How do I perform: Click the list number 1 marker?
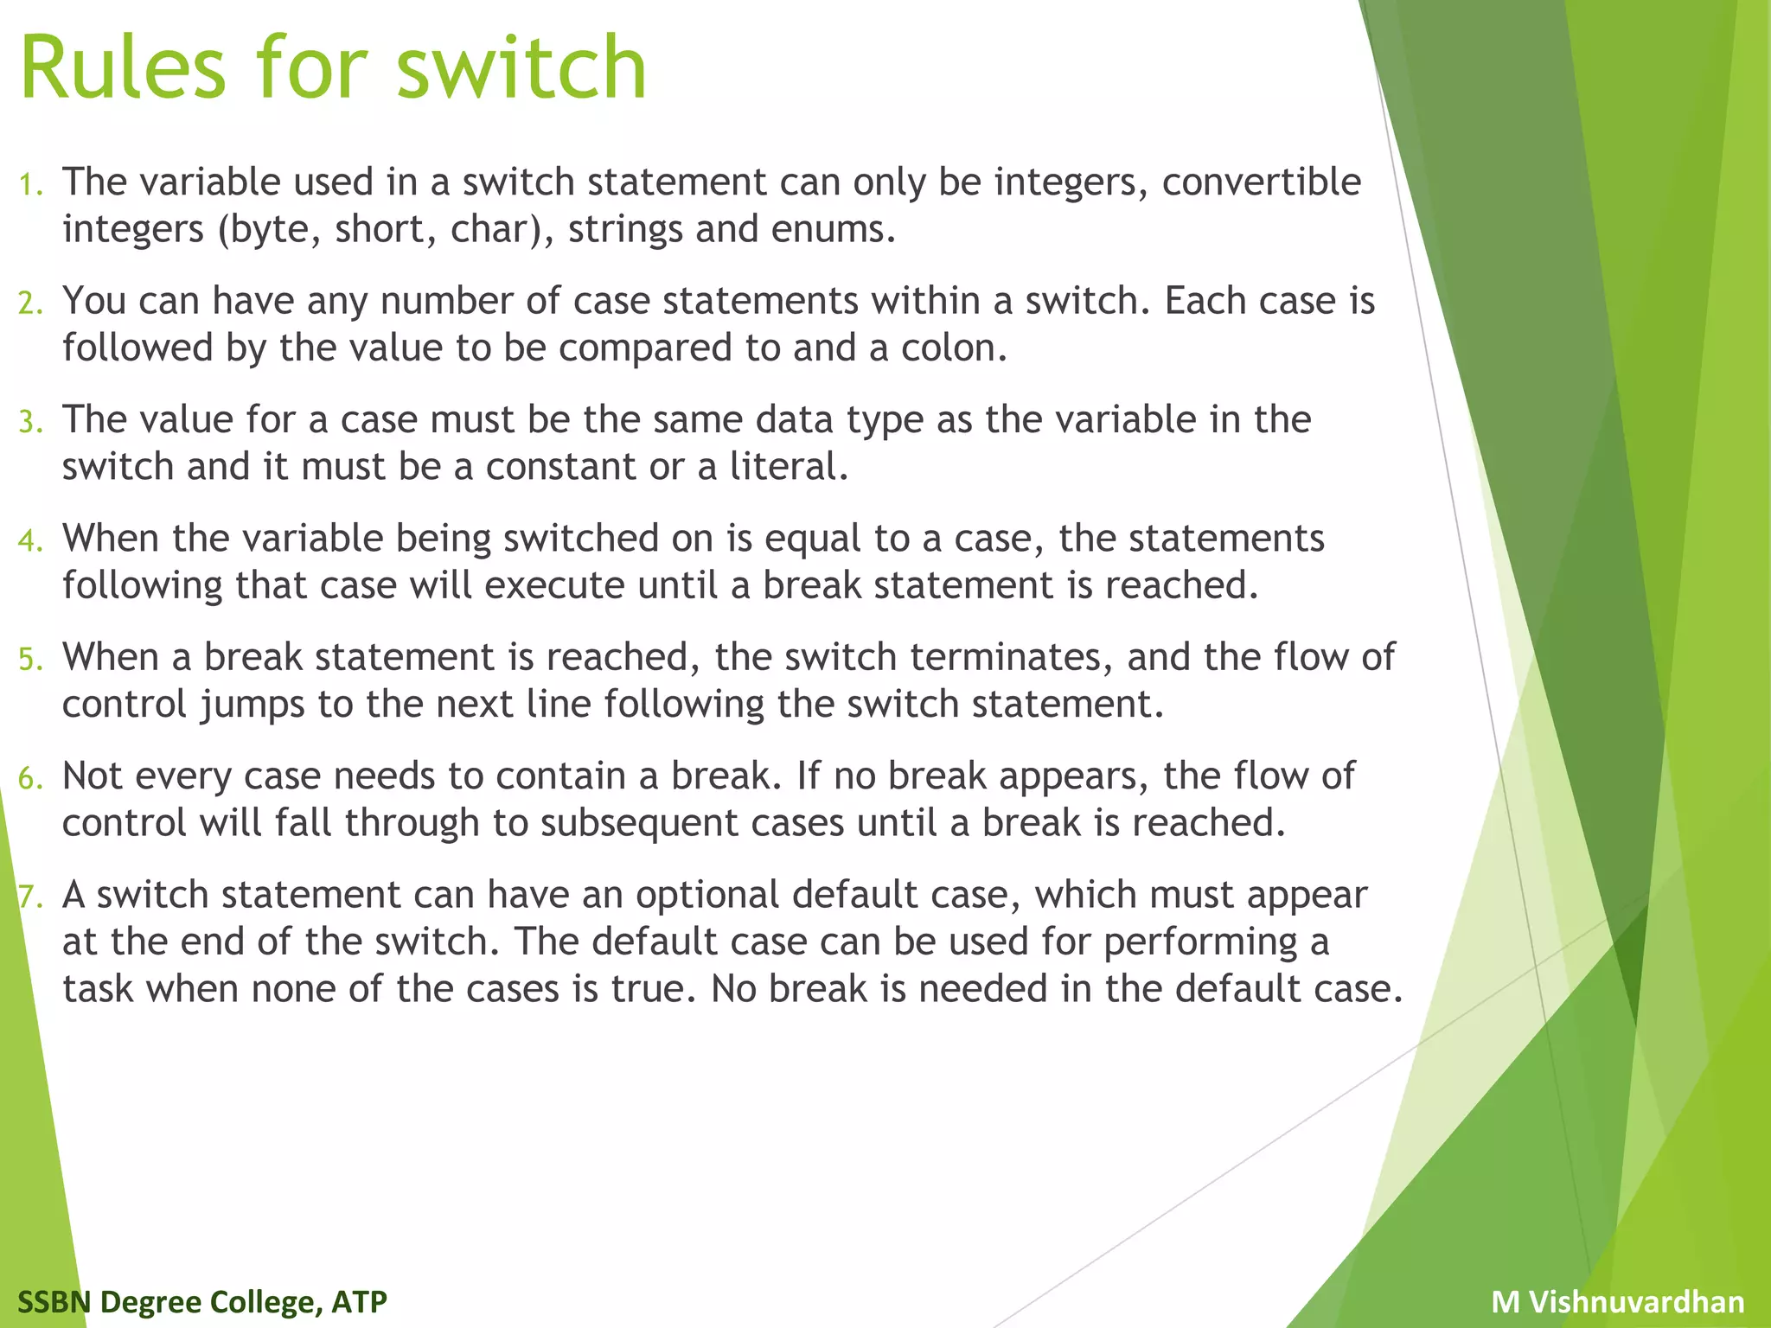tap(31, 184)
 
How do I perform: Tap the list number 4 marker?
tap(30, 540)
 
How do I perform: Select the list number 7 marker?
tap(30, 897)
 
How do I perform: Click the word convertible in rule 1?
tap(1262, 182)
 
